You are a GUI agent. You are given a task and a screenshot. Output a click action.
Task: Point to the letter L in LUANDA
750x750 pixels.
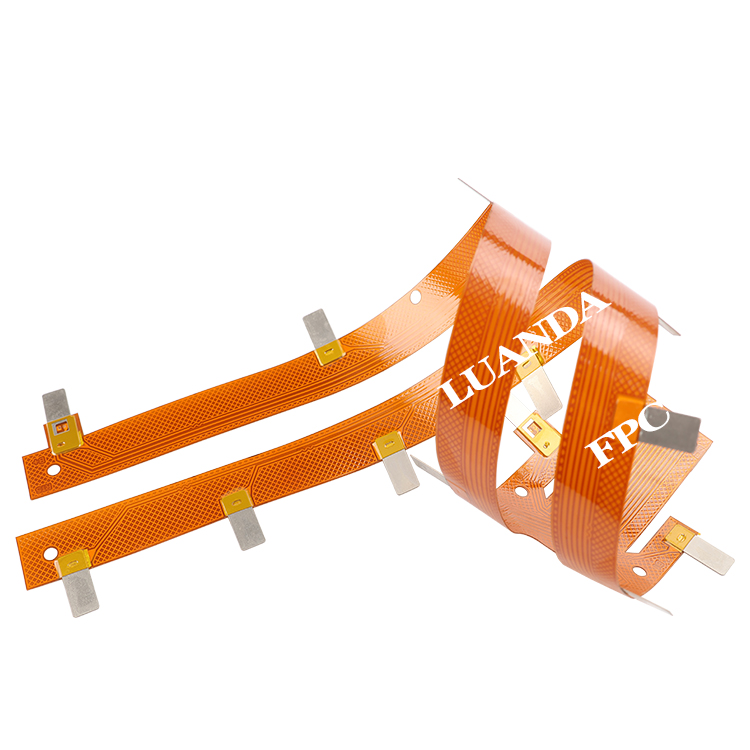456,392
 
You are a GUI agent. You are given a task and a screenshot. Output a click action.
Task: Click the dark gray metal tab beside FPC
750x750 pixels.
671,430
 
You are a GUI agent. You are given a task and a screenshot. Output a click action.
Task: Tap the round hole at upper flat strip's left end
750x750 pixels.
53,470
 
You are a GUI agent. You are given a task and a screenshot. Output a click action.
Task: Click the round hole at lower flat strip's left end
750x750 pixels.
50,554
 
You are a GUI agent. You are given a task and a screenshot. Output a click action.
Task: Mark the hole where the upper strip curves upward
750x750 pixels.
415,297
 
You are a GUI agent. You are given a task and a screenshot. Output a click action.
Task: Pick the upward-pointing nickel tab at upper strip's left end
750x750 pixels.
55,406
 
